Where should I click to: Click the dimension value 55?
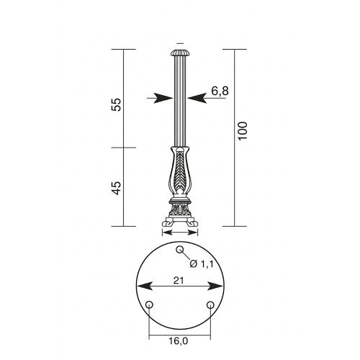tap(117, 104)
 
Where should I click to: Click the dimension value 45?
tap(117, 188)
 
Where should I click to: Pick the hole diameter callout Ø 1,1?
tap(198, 264)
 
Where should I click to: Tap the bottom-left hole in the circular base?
tap(149, 305)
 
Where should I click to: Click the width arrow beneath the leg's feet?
tap(179, 232)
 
